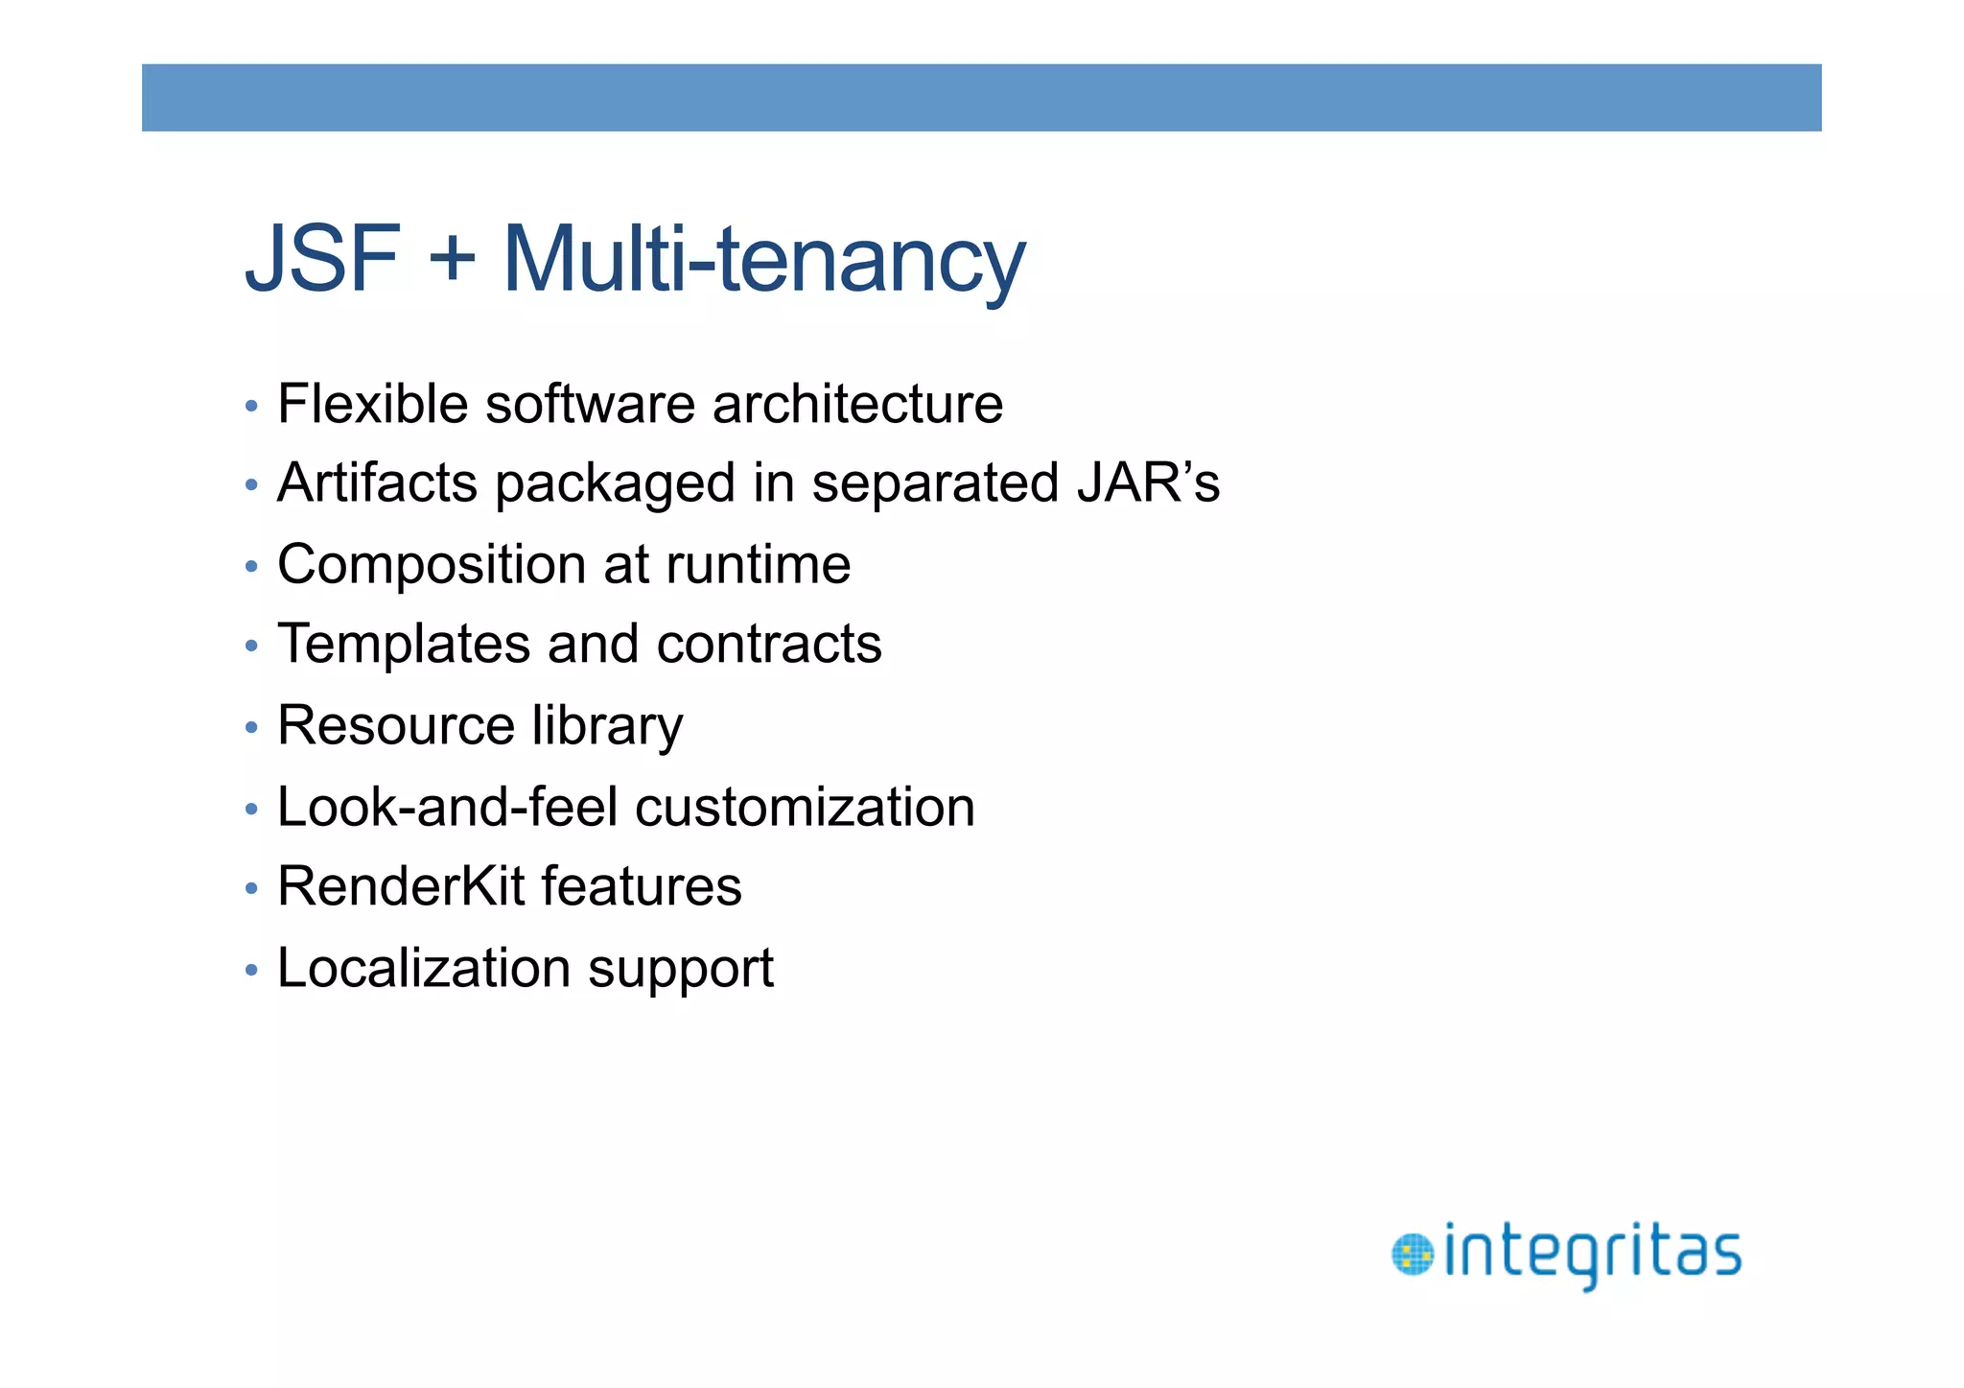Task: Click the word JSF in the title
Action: coord(322,259)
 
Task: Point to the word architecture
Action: coord(857,404)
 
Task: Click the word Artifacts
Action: coord(377,482)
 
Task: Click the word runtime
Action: coord(758,565)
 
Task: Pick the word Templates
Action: coord(403,644)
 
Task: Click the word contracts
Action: coord(769,644)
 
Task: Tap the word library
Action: coord(607,726)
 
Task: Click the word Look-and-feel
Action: coord(447,807)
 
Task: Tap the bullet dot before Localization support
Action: coord(251,970)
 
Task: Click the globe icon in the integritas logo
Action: coord(1412,1255)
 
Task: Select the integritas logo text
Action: coord(1592,1254)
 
